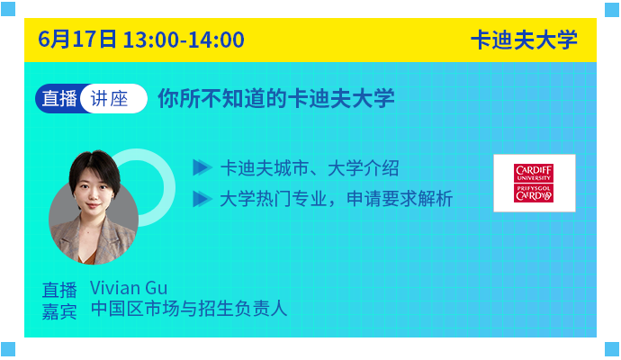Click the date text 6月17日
[x=77, y=40]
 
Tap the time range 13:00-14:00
[x=184, y=40]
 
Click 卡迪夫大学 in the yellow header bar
[x=524, y=40]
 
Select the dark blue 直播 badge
[x=59, y=99]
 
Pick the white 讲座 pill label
[x=113, y=99]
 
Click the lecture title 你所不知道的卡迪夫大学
[x=276, y=98]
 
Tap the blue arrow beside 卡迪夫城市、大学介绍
[x=202, y=167]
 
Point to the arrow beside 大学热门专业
[x=202, y=199]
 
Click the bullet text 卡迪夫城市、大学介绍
[x=310, y=168]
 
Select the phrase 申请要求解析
[x=400, y=199]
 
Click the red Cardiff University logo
[x=534, y=183]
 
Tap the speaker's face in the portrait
[x=94, y=193]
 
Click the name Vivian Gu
[x=129, y=288]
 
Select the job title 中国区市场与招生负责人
[x=189, y=309]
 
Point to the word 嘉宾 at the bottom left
[x=59, y=312]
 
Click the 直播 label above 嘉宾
[x=59, y=290]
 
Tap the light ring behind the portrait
[x=168, y=187]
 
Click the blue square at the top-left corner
[x=8, y=9]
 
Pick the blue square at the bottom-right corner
[x=612, y=349]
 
